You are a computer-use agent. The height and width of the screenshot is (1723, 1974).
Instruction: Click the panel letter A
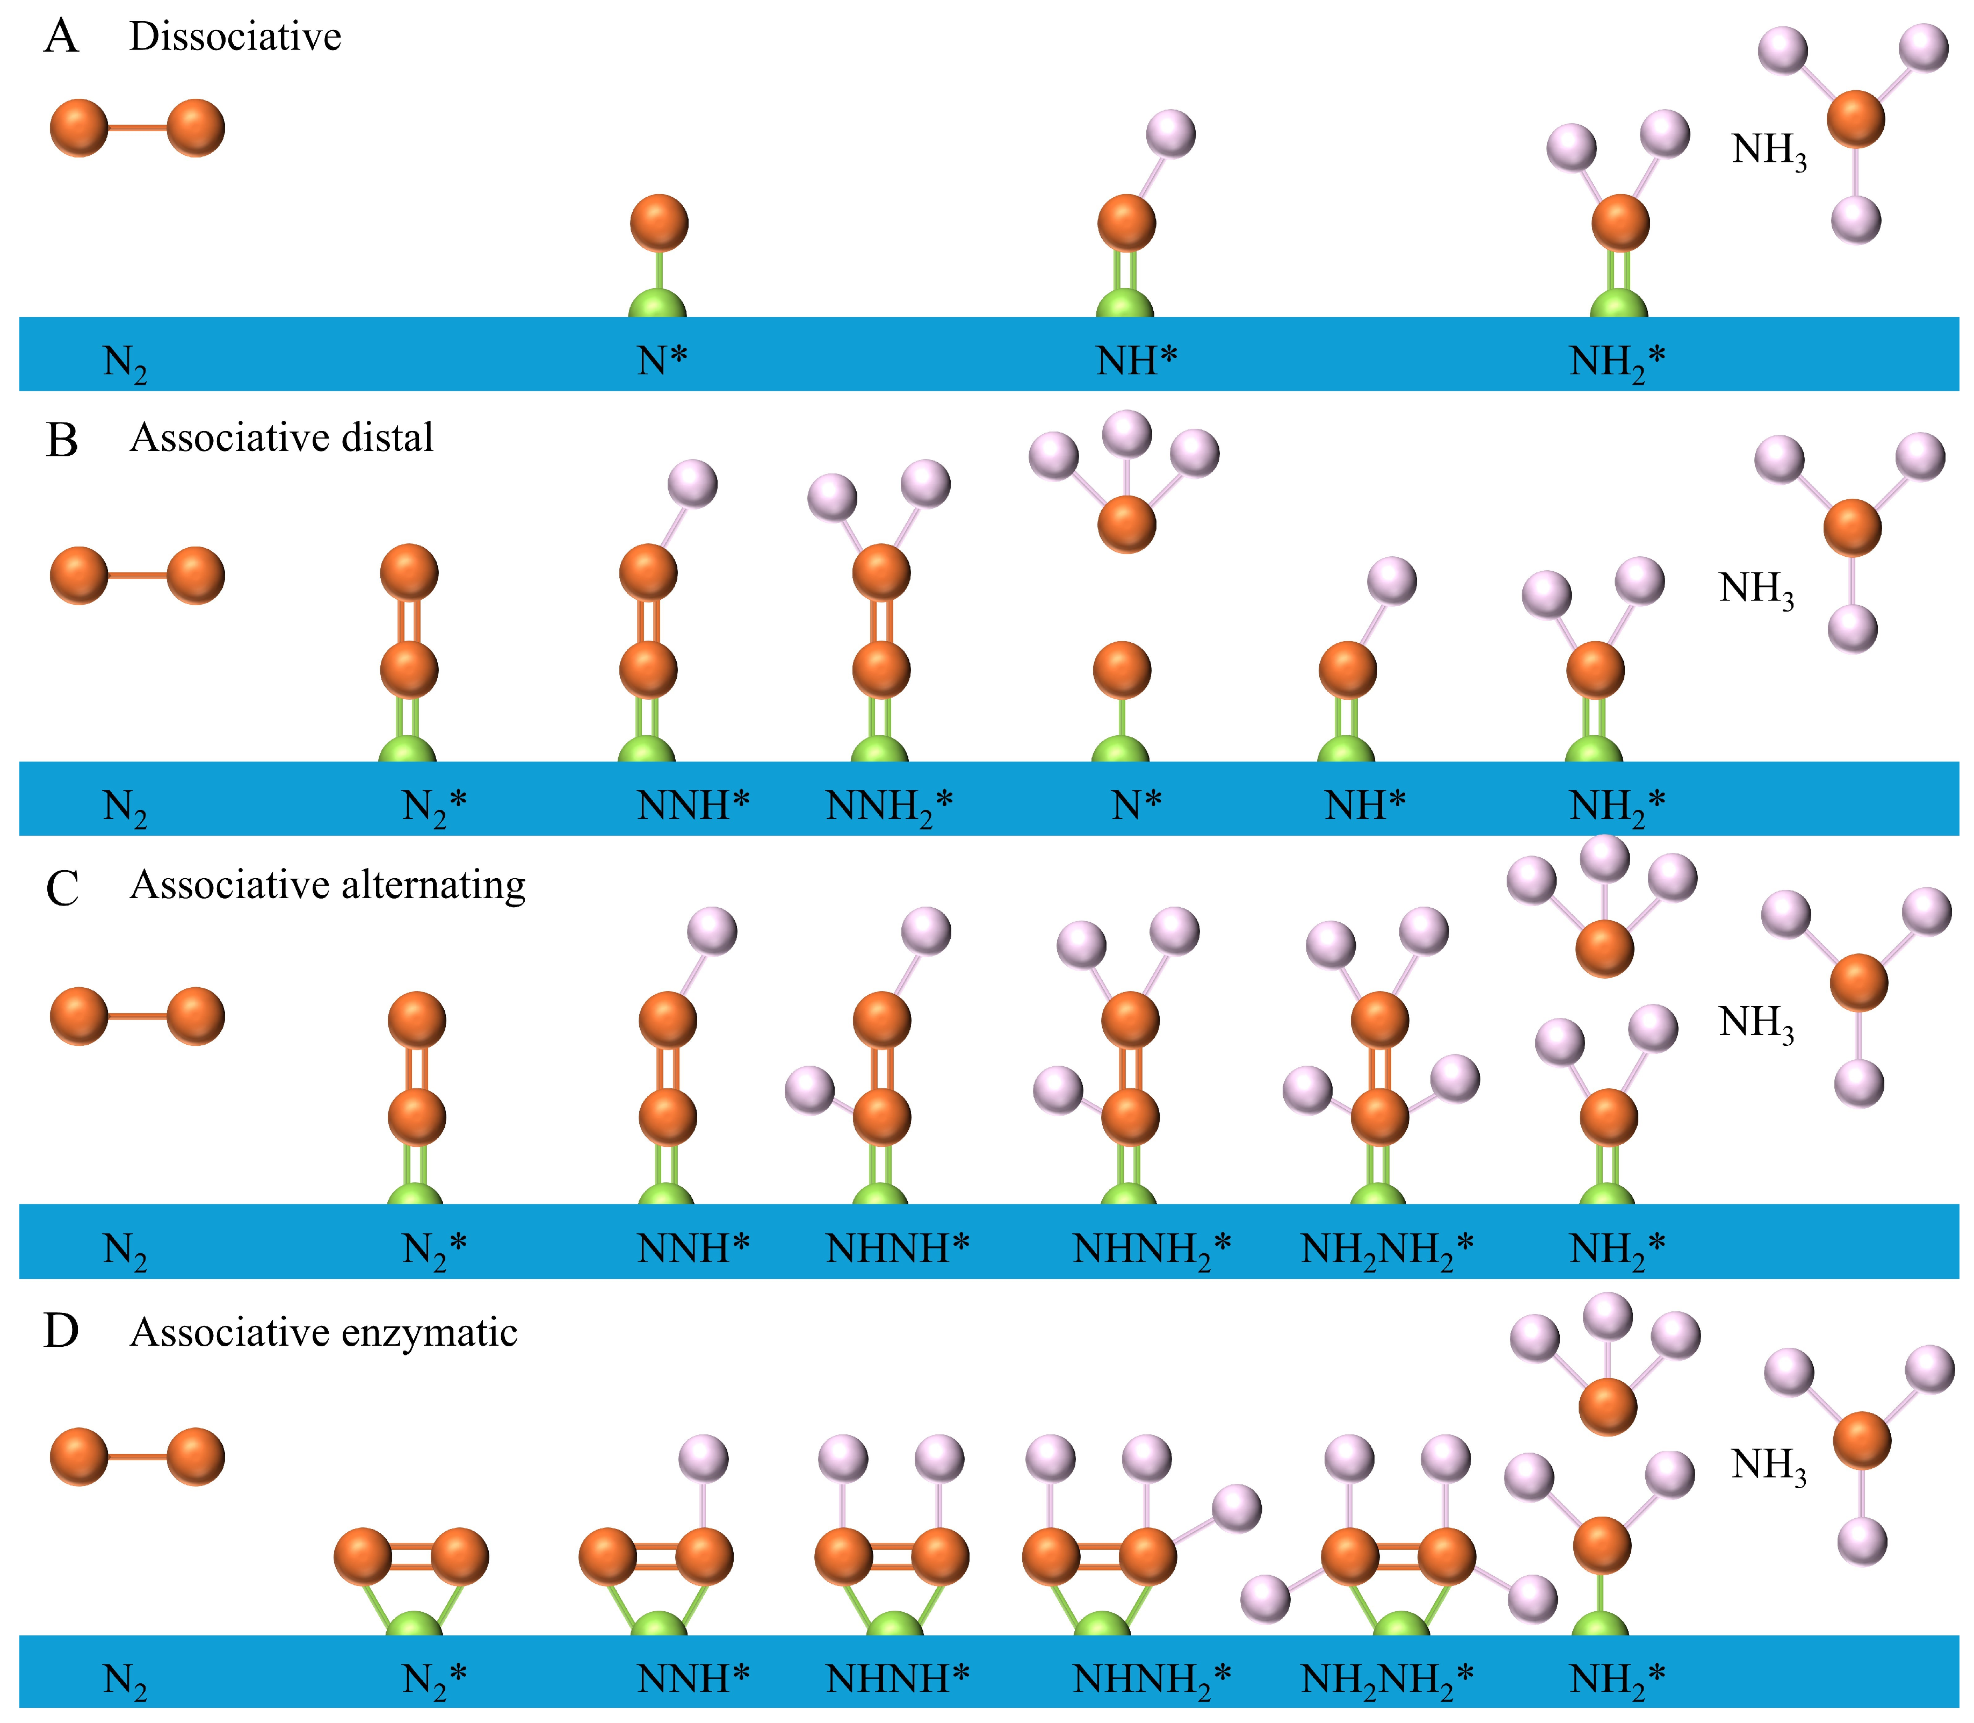click(x=62, y=39)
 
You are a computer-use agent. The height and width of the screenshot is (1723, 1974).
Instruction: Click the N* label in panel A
click(x=663, y=362)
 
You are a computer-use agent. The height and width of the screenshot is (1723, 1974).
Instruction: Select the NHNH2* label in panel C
click(x=1151, y=1250)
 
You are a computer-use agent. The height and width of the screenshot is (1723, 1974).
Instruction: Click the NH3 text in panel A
click(x=1768, y=151)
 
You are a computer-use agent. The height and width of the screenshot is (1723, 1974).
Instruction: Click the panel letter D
click(x=62, y=1333)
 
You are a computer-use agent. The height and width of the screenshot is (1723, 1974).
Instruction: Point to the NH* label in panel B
click(x=1365, y=806)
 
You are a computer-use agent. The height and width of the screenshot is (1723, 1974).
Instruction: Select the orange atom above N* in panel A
click(x=659, y=223)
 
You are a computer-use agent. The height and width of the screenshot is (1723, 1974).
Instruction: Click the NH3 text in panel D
click(x=1768, y=1466)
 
